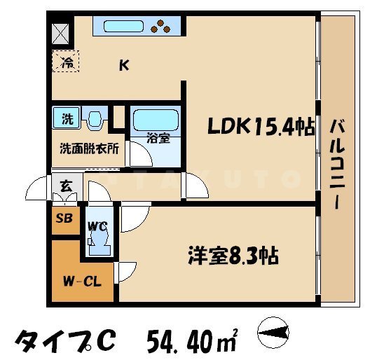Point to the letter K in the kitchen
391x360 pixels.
pos(123,67)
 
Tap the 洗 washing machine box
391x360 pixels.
pos(67,118)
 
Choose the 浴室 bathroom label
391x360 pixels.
pos(157,137)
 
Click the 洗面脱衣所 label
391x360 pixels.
pos(88,149)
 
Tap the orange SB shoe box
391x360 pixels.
pos(64,218)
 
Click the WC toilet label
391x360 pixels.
pos(97,226)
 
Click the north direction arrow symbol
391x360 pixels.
pos(274,331)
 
